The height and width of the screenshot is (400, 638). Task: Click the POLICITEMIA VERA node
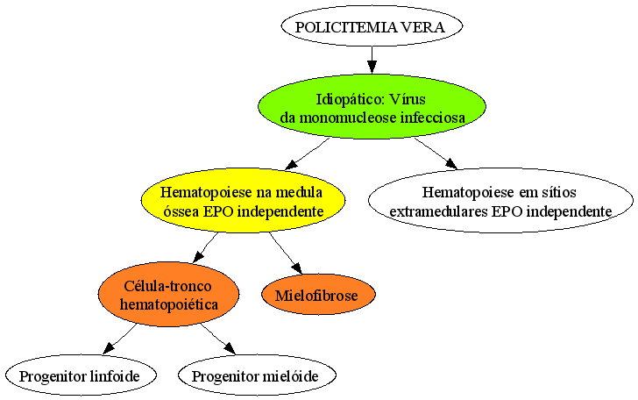372,26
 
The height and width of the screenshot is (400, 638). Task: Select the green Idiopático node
372,107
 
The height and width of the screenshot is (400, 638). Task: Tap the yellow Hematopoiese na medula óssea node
244,200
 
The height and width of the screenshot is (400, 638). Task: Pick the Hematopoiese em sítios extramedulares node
501,200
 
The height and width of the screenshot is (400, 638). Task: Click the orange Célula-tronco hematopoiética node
168,294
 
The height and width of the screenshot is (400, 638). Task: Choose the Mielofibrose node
318,294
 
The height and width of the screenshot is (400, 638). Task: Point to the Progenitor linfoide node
81,375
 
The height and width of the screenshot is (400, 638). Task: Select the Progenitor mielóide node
257,375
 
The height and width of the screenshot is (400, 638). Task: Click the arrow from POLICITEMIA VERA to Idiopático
372,61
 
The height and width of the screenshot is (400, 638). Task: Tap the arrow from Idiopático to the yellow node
307,154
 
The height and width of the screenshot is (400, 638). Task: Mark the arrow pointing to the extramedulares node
436,153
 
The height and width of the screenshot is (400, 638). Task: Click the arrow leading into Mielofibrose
286,253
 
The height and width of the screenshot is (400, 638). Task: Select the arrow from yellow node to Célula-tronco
205,246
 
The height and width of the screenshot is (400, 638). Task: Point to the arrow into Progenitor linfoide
119,339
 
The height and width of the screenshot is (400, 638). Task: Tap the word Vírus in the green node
407,99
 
